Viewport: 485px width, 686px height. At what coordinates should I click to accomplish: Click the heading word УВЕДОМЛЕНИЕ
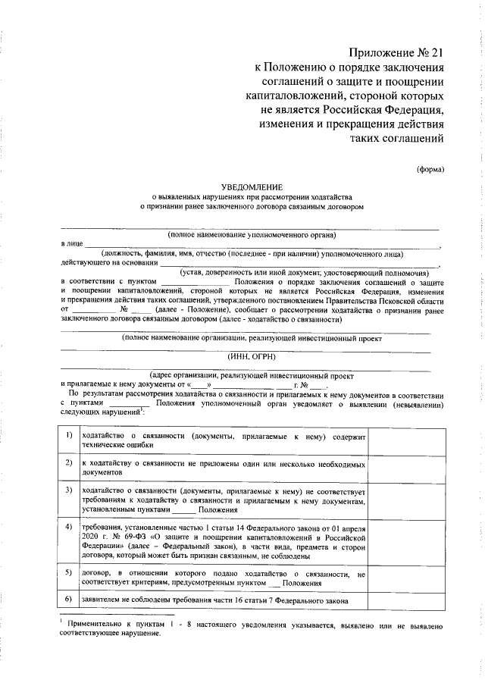pyautogui.click(x=252, y=186)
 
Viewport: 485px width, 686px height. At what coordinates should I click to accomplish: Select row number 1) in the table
pyautogui.click(x=69, y=435)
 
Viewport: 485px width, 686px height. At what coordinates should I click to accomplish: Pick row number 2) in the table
pyautogui.click(x=69, y=462)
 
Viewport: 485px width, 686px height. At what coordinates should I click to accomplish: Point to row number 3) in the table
pyautogui.click(x=69, y=490)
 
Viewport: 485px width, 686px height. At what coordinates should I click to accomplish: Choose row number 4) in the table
pyautogui.click(x=69, y=526)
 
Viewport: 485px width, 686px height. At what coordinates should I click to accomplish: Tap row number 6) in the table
pyautogui.click(x=69, y=600)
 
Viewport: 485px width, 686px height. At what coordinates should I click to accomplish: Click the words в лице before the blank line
pyautogui.click(x=72, y=245)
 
